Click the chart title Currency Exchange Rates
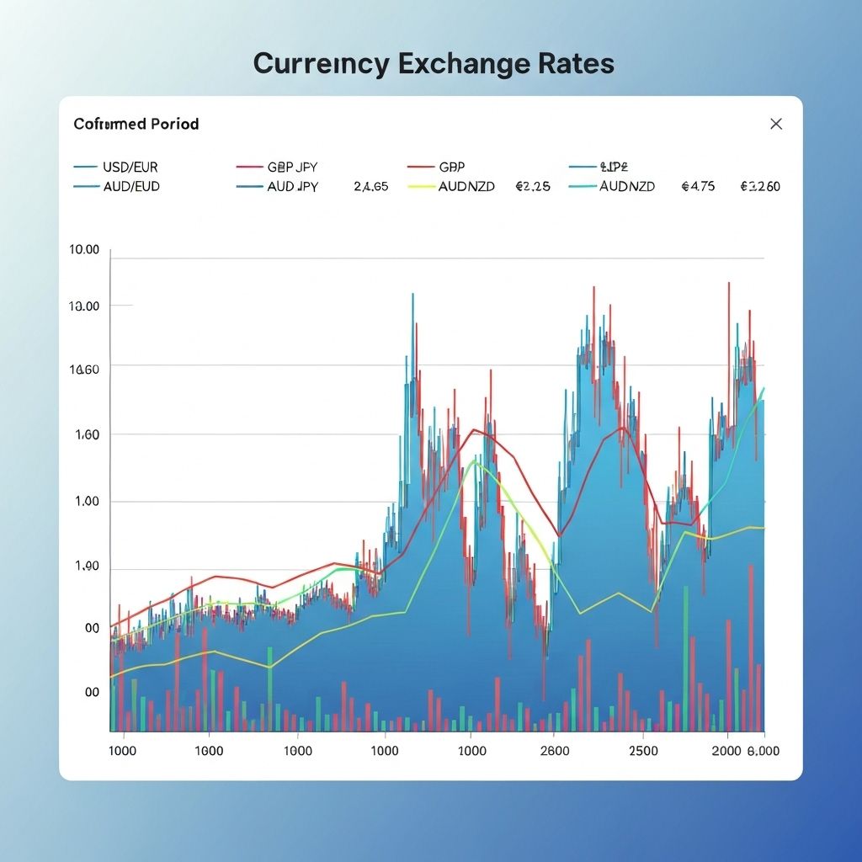click(434, 65)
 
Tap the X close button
click(776, 124)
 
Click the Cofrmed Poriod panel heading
click(136, 124)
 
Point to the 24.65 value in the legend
click(371, 186)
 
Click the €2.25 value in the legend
click(532, 186)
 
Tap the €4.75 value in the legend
click(698, 186)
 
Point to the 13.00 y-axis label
click(84, 306)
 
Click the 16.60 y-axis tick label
click(84, 369)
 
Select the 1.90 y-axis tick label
click(86, 567)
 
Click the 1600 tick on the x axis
click(208, 751)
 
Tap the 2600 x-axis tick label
click(555, 751)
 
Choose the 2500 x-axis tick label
click(643, 751)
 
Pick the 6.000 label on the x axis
click(762, 751)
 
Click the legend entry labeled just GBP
click(451, 167)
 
